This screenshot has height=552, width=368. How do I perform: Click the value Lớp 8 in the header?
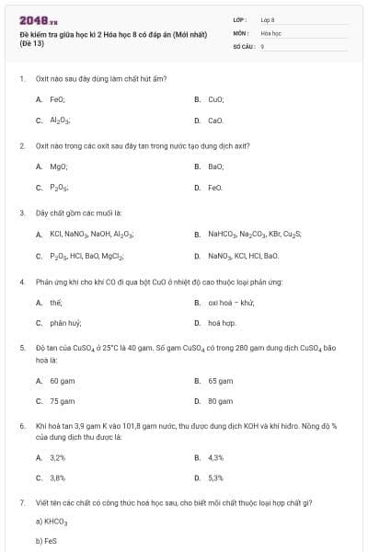pyautogui.click(x=268, y=18)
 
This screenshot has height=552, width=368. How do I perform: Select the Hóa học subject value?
pyautogui.click(x=270, y=32)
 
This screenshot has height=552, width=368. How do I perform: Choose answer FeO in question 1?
pyautogui.click(x=56, y=98)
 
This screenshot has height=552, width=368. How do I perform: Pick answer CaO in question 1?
pyautogui.click(x=215, y=120)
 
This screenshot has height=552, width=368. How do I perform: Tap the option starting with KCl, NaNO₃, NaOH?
pyautogui.click(x=91, y=235)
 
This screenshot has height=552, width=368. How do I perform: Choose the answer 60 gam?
pyautogui.click(x=62, y=380)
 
